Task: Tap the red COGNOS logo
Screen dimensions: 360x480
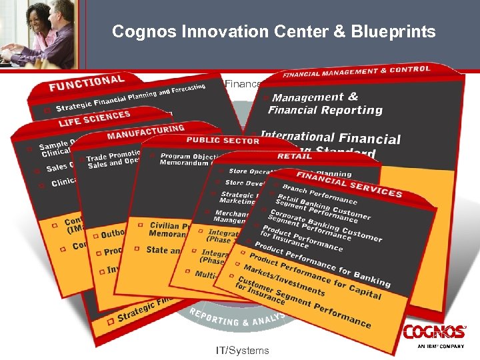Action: (434, 331)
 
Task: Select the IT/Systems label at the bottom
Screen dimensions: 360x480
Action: (243, 350)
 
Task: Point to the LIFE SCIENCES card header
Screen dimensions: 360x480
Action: (94, 118)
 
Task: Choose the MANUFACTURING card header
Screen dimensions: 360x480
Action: (145, 131)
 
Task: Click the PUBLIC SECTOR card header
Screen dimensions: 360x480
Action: (223, 141)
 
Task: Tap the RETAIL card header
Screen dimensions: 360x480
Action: (294, 156)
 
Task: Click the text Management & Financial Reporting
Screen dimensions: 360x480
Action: (325, 104)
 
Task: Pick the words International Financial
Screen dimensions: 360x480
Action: (331, 137)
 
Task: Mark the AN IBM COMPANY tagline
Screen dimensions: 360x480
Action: (441, 347)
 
